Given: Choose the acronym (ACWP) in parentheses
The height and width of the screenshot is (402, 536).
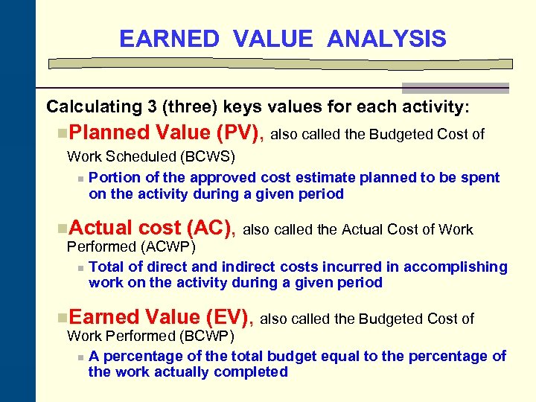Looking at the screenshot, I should [166, 246].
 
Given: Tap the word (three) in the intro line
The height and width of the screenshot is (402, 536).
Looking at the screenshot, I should [191, 107].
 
